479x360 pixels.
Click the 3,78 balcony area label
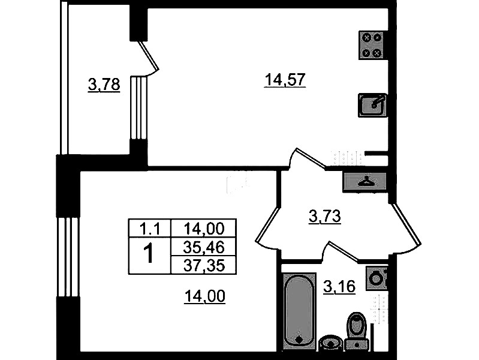coord(104,85)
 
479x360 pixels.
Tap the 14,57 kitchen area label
coord(285,80)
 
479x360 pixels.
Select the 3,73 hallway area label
coord(324,217)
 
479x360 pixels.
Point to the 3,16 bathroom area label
coord(339,287)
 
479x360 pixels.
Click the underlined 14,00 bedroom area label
coord(204,296)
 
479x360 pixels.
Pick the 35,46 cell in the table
coord(204,247)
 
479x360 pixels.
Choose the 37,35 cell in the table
coord(204,265)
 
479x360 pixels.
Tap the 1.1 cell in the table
coord(150,228)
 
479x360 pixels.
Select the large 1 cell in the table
coord(150,256)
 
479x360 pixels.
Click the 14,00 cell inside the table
coord(204,228)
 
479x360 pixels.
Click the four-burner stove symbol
coord(372,45)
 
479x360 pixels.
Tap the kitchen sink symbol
coord(372,105)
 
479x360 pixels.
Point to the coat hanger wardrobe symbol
coord(365,182)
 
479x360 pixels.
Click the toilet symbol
coord(357,332)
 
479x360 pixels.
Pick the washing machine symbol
coord(376,278)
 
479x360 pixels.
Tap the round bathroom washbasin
coord(330,343)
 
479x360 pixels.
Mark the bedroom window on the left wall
coord(68,257)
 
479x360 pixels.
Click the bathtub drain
coord(299,340)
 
